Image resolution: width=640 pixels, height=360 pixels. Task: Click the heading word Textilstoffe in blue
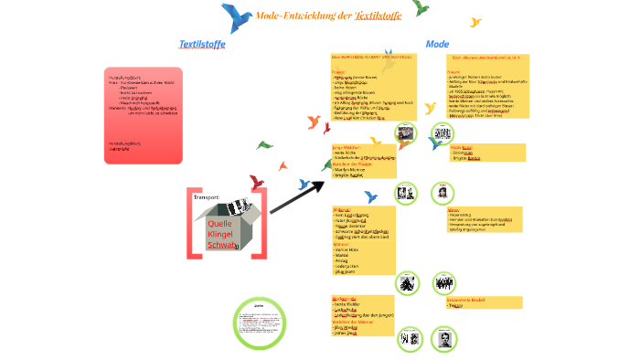(x=202, y=43)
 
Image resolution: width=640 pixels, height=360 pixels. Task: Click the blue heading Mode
(x=437, y=44)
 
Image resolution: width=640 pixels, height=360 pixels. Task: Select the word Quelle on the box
(x=221, y=223)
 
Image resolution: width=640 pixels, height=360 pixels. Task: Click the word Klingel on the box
(x=222, y=234)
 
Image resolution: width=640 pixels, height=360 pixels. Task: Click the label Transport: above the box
(x=207, y=196)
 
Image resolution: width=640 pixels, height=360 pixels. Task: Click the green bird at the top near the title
(x=420, y=7)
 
